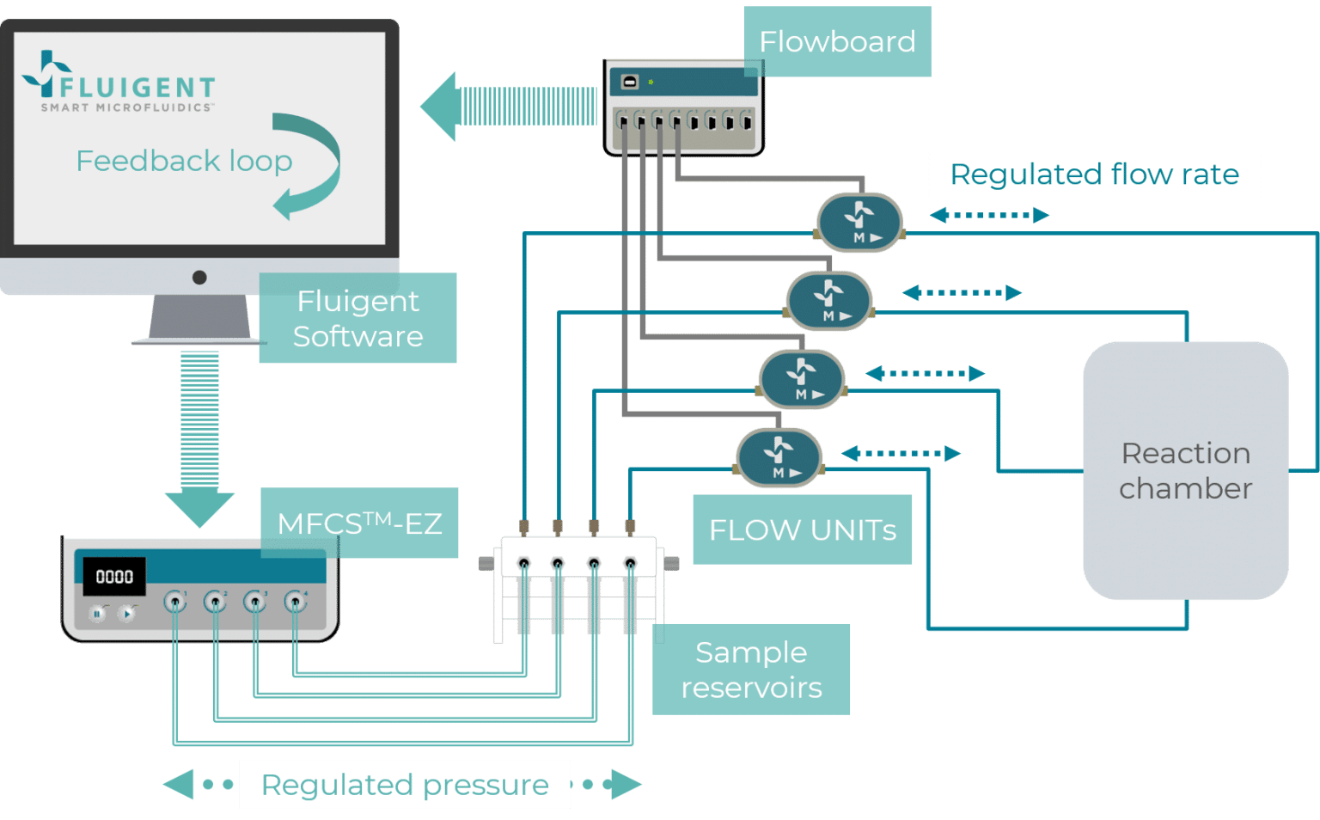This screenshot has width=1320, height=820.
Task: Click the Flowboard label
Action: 836,41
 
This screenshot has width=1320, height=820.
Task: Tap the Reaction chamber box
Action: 1185,470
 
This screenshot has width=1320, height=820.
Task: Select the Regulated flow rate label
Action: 1093,174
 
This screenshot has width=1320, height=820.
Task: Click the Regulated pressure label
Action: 404,784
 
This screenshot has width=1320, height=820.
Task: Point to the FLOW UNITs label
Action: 802,529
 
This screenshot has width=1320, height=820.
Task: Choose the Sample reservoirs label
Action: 750,670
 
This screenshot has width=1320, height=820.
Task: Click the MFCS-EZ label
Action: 358,523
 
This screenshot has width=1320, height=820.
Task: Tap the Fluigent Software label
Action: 357,318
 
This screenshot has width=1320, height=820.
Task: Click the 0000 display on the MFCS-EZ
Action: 113,576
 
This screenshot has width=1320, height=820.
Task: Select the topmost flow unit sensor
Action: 859,223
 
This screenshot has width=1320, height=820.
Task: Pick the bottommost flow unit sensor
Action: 779,458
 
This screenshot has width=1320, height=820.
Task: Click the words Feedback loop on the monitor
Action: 184,161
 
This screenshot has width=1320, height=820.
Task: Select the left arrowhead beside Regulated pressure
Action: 179,784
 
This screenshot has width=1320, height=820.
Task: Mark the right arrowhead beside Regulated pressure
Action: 626,784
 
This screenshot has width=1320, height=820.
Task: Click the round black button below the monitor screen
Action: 199,277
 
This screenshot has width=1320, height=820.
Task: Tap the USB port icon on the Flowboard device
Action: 629,82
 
